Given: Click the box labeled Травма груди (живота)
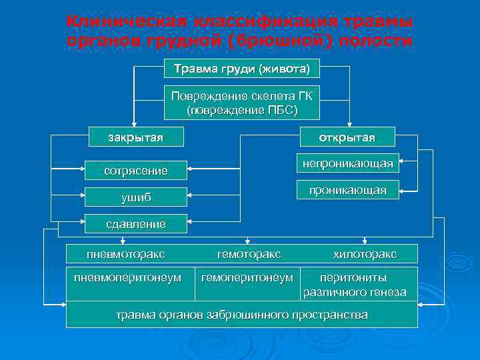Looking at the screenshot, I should click(x=241, y=69).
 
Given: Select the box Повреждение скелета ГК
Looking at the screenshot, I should click(x=241, y=102).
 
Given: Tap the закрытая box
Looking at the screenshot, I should click(x=136, y=137).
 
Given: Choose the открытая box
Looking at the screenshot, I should click(x=347, y=137).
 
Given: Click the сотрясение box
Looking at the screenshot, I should click(x=136, y=171).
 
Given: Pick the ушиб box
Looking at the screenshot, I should click(x=136, y=197).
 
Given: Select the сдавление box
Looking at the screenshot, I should click(x=136, y=224).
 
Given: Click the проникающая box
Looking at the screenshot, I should click(x=347, y=191).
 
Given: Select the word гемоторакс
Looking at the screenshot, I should click(x=249, y=254).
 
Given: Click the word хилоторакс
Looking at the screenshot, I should click(x=365, y=254).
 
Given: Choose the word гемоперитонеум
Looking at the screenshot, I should click(x=247, y=277).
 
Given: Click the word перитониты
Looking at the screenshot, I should click(x=353, y=277).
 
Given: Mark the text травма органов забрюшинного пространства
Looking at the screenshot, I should click(x=241, y=315).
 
